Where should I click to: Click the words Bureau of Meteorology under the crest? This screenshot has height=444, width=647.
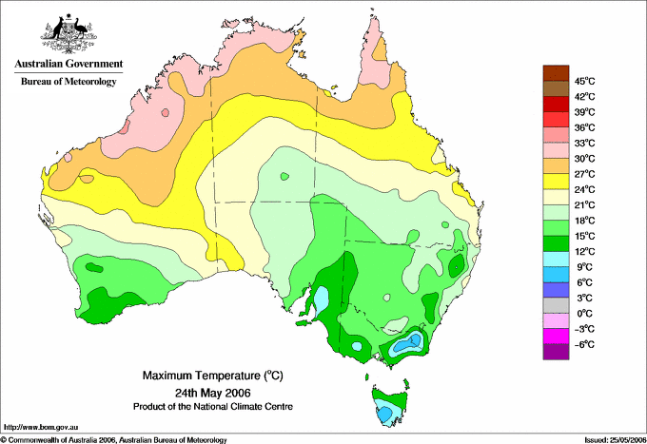point(68,82)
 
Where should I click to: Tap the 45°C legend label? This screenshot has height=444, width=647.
point(583,81)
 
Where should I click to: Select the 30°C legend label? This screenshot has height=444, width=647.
point(583,158)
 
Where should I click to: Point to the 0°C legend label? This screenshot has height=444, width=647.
point(585,313)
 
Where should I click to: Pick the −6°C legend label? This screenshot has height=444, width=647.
point(583,344)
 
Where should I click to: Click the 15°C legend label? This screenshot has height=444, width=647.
point(583,236)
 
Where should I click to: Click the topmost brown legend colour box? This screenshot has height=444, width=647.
point(555,72)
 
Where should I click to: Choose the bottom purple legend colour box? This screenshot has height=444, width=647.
point(555,352)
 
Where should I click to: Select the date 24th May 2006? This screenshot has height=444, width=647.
point(211,392)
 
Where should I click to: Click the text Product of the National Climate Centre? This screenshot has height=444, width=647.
point(211,406)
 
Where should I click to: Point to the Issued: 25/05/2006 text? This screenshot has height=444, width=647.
point(608,439)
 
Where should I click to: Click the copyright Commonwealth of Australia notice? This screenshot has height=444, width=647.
point(114,439)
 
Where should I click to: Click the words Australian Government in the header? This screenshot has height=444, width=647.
point(68,65)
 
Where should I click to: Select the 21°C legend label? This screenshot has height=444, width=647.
point(583,204)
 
